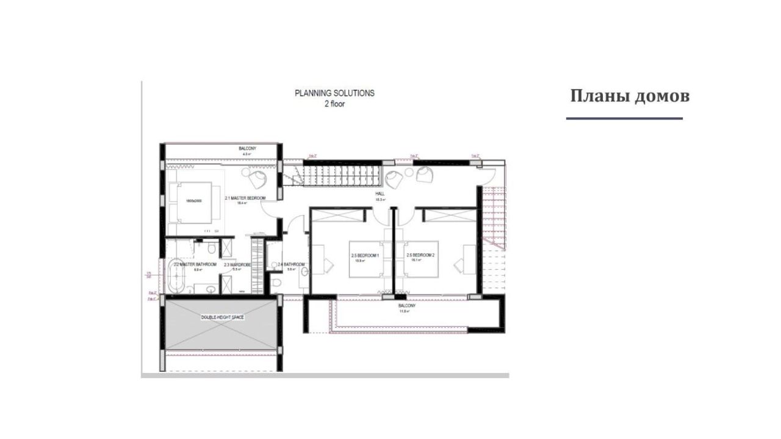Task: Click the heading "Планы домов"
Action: (630, 96)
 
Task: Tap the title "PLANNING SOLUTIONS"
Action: (334, 93)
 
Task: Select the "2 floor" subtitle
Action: (334, 104)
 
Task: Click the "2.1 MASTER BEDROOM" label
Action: (245, 198)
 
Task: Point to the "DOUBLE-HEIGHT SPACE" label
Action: (223, 317)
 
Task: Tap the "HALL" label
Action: (380, 194)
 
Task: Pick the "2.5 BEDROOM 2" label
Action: (420, 255)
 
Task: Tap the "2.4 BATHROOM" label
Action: (290, 264)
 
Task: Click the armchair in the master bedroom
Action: (257, 179)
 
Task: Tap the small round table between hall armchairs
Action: (408, 173)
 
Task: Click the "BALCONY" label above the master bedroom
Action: (247, 148)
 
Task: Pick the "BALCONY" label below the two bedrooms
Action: (407, 305)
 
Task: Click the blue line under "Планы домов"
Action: (624, 118)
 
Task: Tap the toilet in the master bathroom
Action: (210, 248)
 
